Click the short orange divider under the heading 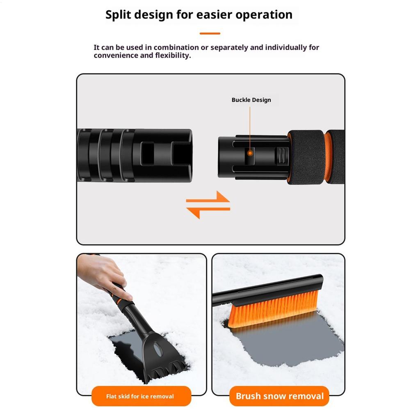point(210,34)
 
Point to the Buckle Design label point(251,100)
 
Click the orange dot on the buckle point(249,153)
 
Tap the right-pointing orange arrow point(209,200)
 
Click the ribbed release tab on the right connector point(281,156)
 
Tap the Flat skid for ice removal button point(140,396)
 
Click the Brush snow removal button point(280,396)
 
